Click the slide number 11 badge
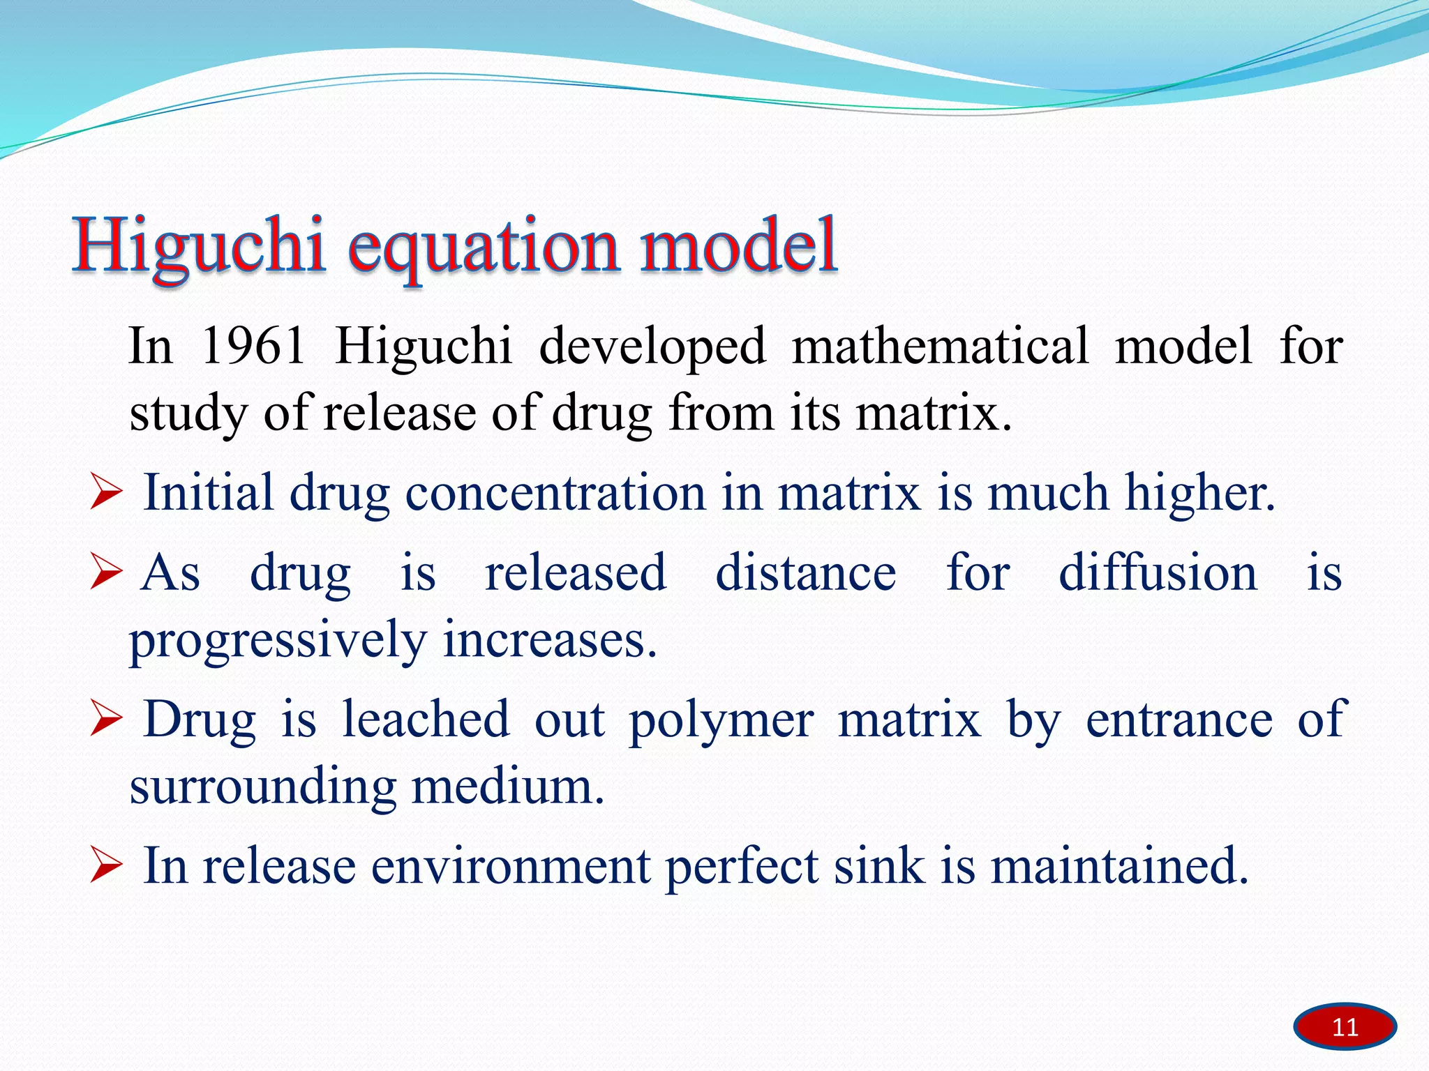pos(1345,1026)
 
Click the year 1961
pos(253,346)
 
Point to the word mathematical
pos(940,346)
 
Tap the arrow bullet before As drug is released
pos(106,574)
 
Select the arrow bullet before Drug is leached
pos(106,720)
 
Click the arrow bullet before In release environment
pos(106,867)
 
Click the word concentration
pos(555,494)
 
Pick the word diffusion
pos(1158,573)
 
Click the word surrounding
pos(263,788)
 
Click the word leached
pos(426,720)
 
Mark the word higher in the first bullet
pos(1199,494)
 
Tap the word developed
pos(652,347)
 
